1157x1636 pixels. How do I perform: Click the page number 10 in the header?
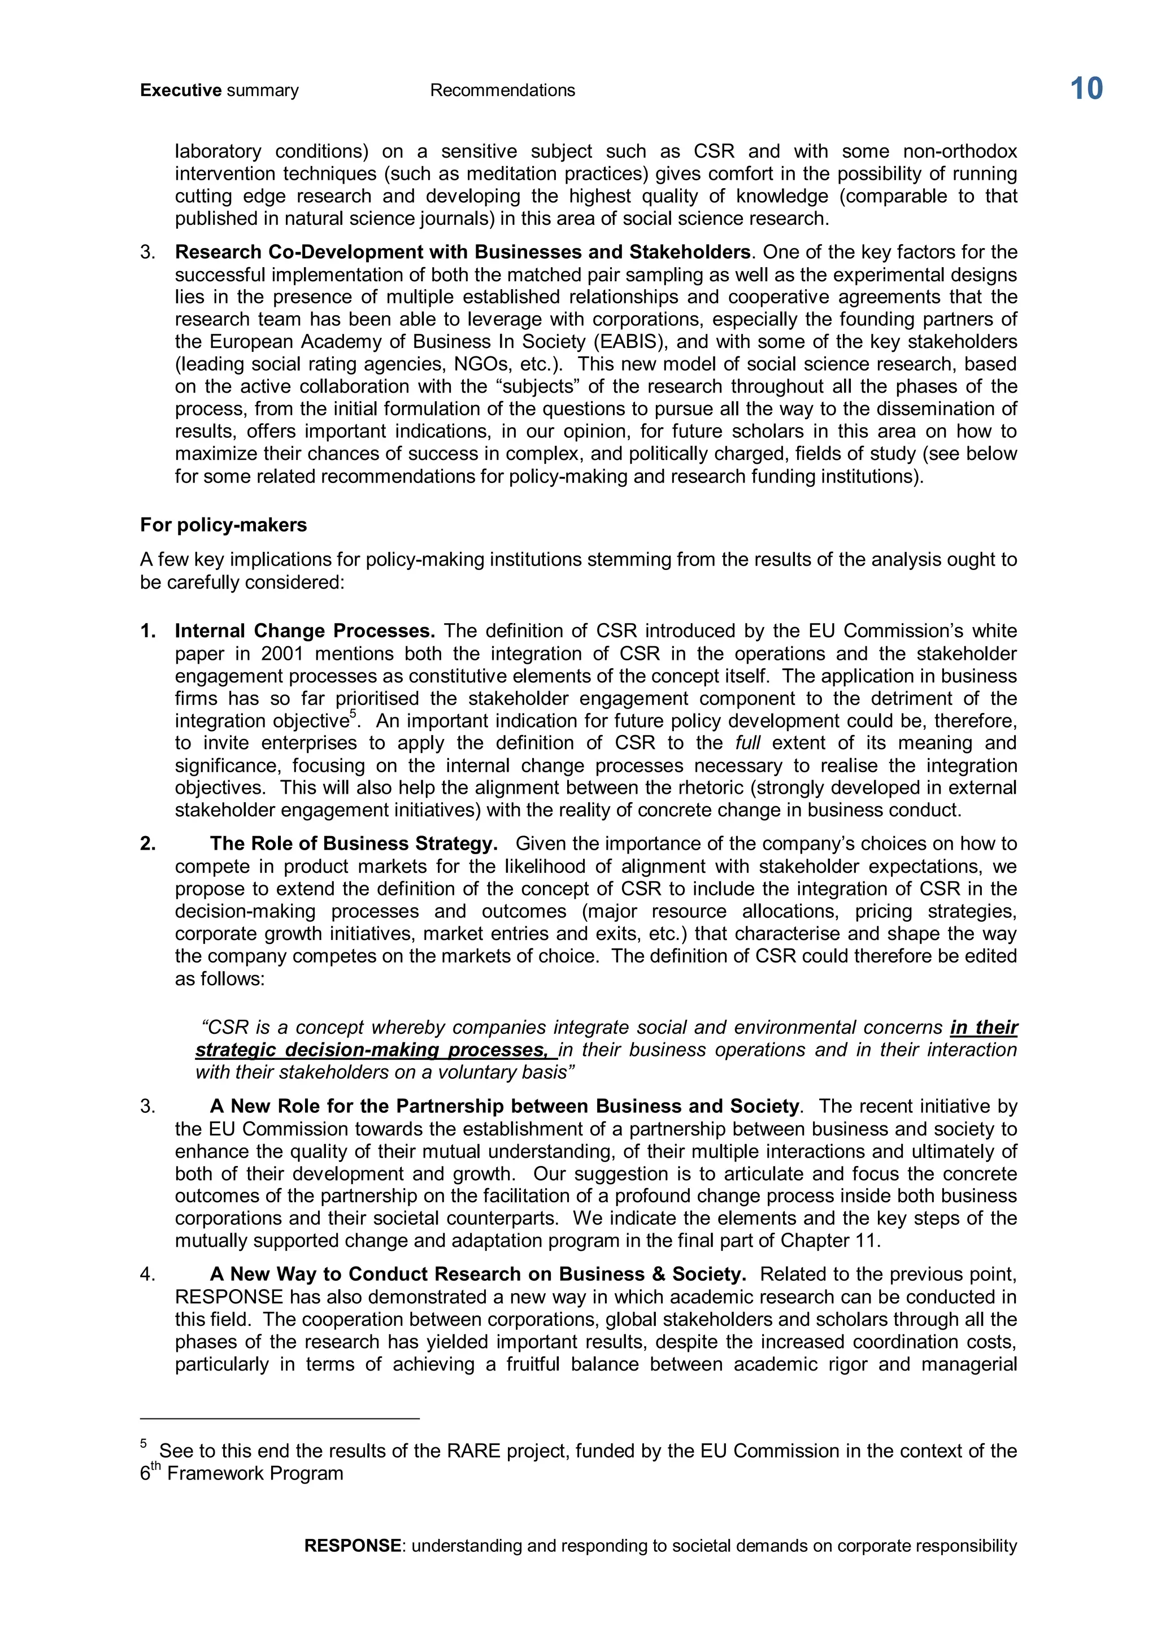(1086, 89)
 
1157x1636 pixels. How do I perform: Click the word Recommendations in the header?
(502, 90)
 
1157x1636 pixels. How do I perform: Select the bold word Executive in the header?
(181, 90)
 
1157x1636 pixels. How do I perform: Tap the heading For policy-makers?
(223, 525)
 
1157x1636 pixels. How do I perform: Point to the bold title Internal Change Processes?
(305, 632)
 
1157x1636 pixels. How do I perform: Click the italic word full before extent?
(747, 743)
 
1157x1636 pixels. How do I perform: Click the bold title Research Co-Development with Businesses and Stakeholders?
(462, 253)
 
